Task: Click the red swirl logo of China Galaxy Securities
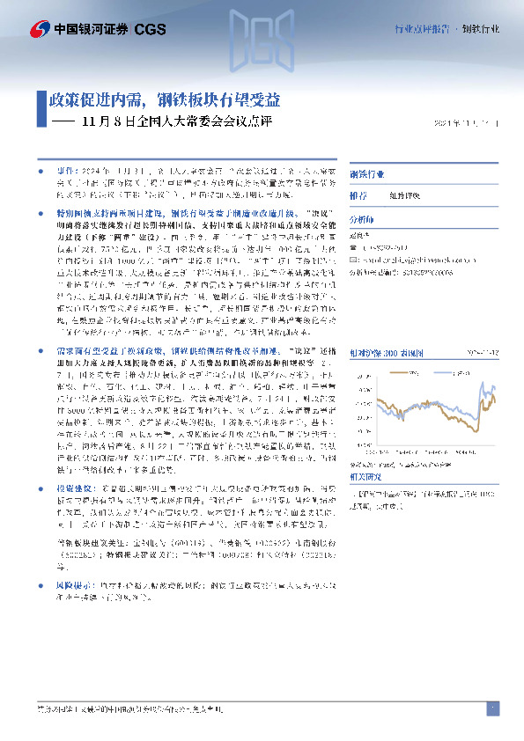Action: click(x=40, y=29)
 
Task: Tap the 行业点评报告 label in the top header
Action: click(x=422, y=29)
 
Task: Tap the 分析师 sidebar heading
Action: click(x=361, y=220)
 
